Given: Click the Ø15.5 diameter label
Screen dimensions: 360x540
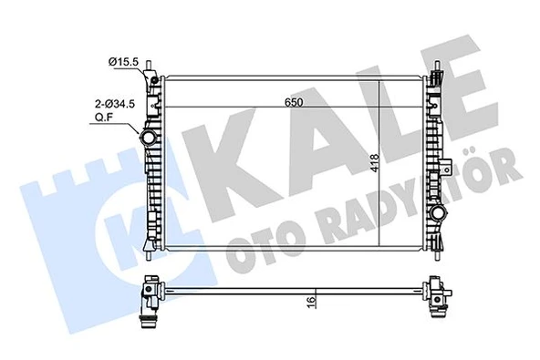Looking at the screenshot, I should pos(124,61).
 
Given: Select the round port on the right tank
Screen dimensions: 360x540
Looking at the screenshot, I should pos(440,215).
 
